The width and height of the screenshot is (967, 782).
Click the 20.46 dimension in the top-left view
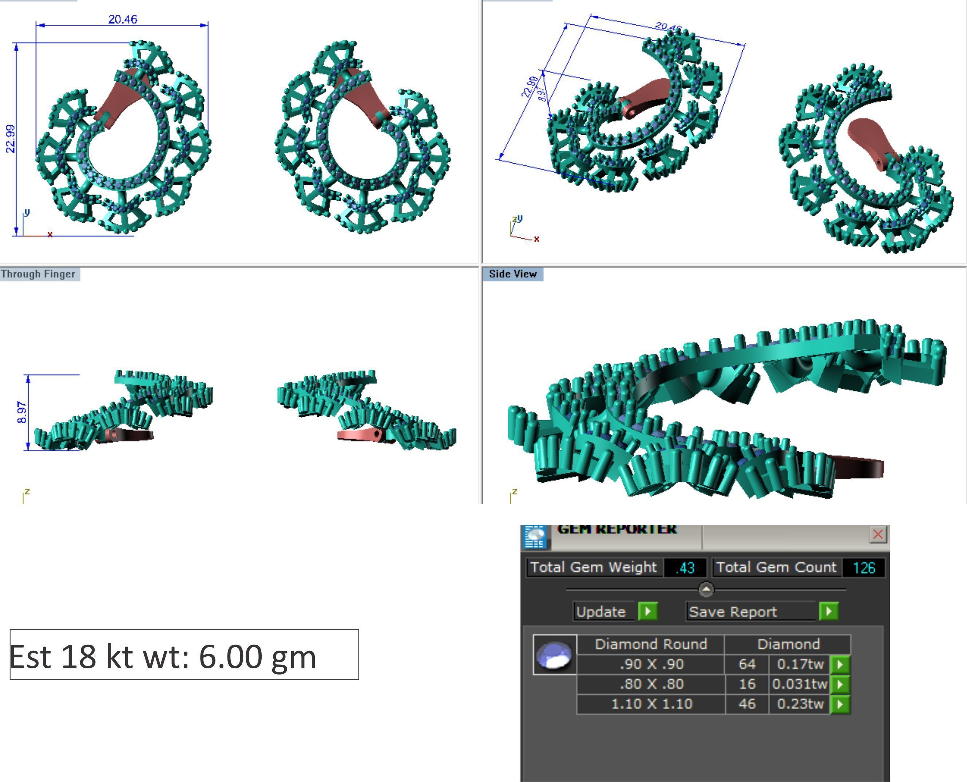coord(122,19)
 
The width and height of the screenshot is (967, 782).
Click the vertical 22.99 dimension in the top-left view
coord(10,139)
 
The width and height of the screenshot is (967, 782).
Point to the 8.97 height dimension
coord(21,412)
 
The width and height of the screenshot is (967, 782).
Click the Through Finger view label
coord(38,274)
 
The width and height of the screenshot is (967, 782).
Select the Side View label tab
coord(512,274)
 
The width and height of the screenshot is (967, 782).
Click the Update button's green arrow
coord(648,611)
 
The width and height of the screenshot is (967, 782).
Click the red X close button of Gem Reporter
coord(877,535)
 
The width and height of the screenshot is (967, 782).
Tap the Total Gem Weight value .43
coord(685,567)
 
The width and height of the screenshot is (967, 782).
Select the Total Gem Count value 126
coord(863,567)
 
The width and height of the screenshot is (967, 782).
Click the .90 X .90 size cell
coord(651,664)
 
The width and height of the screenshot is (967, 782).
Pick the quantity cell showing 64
coord(746,664)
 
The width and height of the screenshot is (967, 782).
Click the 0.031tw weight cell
coord(799,684)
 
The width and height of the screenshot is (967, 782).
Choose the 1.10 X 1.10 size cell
coord(651,704)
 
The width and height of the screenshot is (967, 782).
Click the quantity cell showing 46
coord(746,704)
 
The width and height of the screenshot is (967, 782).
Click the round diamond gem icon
coord(555,655)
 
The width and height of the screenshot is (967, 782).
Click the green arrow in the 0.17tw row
coord(840,664)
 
